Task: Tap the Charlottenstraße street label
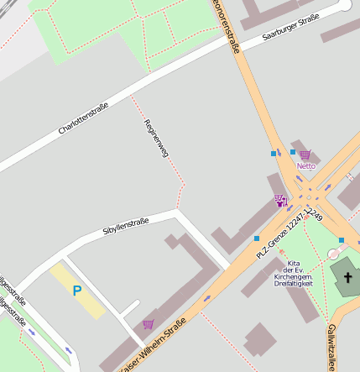83,119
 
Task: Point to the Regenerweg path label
156,139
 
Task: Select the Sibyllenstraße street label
125,226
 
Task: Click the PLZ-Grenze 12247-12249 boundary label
290,232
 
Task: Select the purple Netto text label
305,166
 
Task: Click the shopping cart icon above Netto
305,155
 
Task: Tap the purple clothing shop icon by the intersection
279,200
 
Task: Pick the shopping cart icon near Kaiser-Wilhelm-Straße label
149,324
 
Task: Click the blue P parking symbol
77,291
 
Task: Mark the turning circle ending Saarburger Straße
344,5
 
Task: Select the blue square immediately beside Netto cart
293,152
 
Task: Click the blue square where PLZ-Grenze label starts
257,238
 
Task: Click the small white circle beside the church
333,254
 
